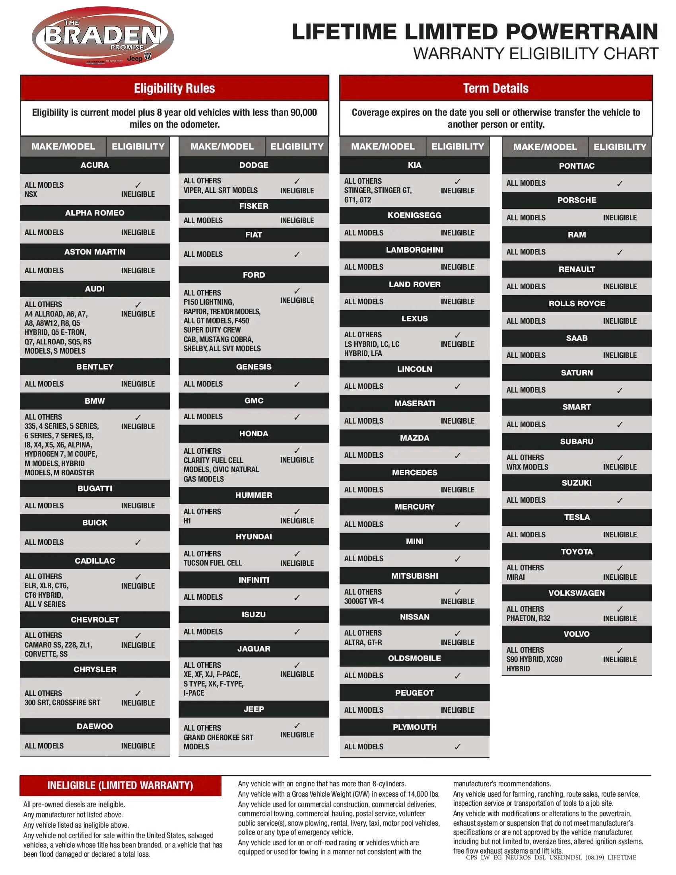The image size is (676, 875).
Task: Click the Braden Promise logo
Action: coord(103,37)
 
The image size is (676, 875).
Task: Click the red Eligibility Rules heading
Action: coord(174,88)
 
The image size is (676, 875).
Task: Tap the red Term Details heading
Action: coord(496,88)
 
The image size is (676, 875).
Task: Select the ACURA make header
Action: coord(95,165)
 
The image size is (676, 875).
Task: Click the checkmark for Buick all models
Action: coord(138,542)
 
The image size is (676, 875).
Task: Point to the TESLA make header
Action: coord(577,517)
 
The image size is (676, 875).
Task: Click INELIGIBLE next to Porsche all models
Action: coord(620,218)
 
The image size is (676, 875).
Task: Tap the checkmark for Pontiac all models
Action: coord(620,183)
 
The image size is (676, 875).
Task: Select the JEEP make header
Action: coord(254,709)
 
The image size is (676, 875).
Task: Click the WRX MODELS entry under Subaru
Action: coord(527,467)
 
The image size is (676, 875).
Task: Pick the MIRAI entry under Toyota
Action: coord(515,577)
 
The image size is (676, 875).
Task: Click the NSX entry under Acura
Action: coord(31,194)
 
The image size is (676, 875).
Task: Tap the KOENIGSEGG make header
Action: coord(414,215)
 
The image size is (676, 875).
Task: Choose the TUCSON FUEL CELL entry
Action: coord(213,563)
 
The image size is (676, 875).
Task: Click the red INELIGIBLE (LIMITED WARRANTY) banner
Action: coord(120,785)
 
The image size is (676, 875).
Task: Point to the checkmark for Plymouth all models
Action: coord(457,747)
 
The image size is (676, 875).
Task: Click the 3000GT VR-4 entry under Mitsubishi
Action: coord(363,601)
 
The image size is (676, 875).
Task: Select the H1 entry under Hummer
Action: coord(187,521)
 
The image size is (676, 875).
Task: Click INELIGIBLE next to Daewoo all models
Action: coord(138,746)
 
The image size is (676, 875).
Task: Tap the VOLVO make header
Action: coord(577,634)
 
